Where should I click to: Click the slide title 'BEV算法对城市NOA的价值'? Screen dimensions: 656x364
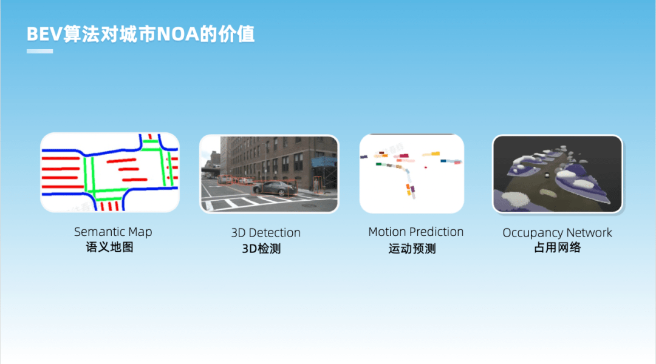coord(140,34)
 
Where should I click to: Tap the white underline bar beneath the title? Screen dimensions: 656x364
coord(39,52)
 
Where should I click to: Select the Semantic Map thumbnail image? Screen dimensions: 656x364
coord(110,172)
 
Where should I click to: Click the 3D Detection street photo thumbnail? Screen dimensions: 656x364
coord(269,174)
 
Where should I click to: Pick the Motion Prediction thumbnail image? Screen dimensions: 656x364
coord(412,174)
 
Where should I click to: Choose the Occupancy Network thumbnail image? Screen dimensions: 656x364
coord(557,174)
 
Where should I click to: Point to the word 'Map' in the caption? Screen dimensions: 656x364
coord(140,232)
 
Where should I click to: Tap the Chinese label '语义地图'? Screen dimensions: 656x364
coord(109,247)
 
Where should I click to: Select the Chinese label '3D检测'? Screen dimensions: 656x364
coord(261,249)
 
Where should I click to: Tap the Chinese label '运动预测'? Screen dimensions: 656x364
coord(412,249)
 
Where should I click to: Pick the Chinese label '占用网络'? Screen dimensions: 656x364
coord(557,248)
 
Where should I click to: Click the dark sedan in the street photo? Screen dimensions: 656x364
coord(275,188)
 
